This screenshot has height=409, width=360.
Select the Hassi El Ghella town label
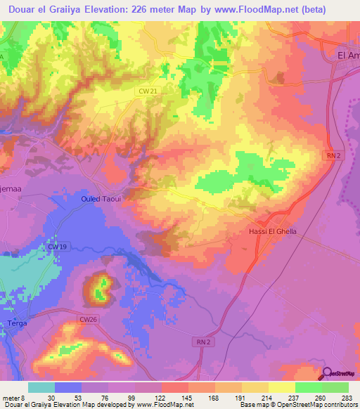pos(274,231)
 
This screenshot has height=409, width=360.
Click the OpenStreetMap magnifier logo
pos(328,373)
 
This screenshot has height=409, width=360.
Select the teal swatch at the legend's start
pos(41,387)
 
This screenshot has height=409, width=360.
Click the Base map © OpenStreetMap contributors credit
pos(297,405)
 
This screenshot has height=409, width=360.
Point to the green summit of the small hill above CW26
pos(102,285)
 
